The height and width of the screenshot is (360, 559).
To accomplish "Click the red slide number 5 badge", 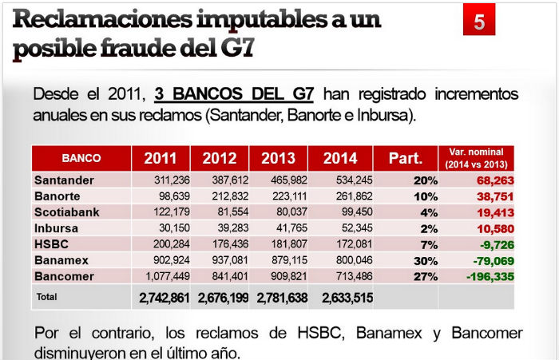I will [x=478, y=22].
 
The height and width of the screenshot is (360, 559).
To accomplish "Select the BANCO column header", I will [x=81, y=158].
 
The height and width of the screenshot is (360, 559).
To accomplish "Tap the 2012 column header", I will [x=220, y=158].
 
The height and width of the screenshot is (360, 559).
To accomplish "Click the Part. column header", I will [x=405, y=158].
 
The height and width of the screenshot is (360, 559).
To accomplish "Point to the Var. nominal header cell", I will [x=475, y=157].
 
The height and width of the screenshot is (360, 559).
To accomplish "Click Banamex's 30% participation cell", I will [x=425, y=260].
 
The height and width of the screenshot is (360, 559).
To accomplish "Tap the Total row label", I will [x=47, y=297].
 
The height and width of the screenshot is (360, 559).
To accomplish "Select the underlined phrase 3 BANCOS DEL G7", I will [x=234, y=94].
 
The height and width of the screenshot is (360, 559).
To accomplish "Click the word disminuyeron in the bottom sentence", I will [x=78, y=353].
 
